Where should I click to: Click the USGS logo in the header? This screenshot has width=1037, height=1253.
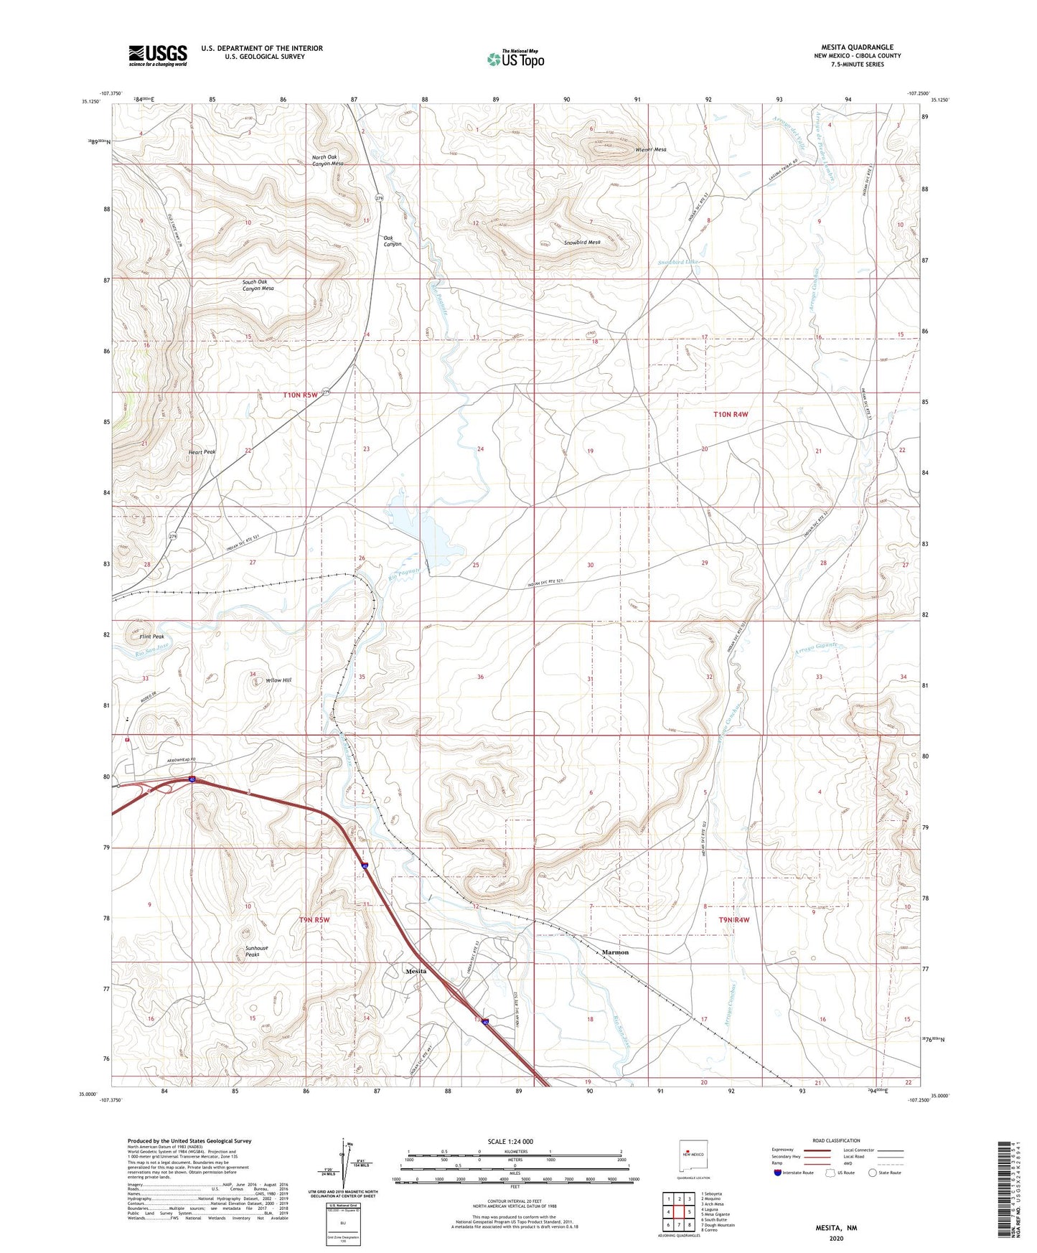tap(158, 55)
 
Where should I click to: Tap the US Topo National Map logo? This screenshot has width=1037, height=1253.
tap(515, 58)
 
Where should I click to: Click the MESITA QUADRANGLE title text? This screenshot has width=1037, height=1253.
tap(857, 47)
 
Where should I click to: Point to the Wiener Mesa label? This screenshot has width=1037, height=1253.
tap(651, 149)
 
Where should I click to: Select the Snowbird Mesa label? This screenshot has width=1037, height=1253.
tap(581, 243)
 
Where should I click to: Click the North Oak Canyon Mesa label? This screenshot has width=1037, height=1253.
tap(327, 160)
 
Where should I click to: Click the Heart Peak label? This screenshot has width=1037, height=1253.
tap(202, 451)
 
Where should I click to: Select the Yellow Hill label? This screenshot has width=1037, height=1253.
tap(278, 680)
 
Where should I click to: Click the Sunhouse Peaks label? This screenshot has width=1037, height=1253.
tap(256, 951)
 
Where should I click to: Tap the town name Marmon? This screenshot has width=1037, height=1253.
tap(615, 952)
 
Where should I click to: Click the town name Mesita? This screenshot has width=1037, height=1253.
tap(416, 971)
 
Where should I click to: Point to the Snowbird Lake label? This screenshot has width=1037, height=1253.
tap(677, 263)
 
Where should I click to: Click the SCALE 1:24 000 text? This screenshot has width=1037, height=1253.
tap(510, 1141)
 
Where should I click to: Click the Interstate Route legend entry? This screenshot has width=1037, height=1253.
tap(797, 1173)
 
